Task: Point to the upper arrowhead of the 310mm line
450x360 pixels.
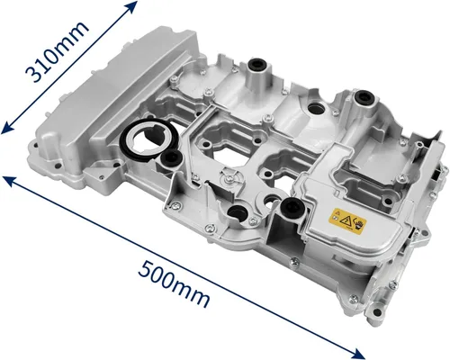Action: point(134,6)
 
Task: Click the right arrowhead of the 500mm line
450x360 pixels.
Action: point(366,353)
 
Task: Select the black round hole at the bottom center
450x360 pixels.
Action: point(238,213)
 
